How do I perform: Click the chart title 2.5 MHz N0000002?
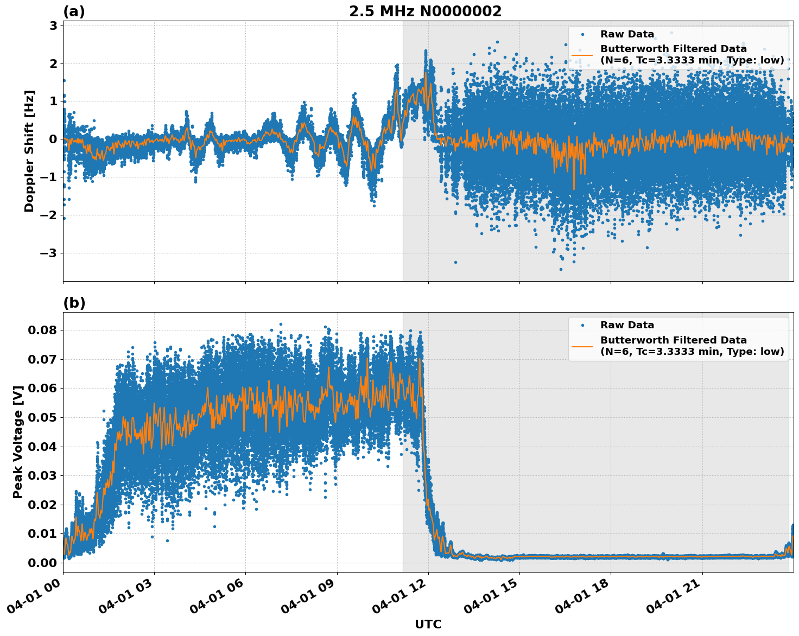tap(425, 11)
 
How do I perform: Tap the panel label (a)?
tap(74, 11)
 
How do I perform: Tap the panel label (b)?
tap(74, 303)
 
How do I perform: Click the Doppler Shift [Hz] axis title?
tap(29, 151)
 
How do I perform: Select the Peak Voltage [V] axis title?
tap(18, 442)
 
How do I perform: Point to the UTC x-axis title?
tap(428, 624)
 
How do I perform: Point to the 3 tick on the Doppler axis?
tap(53, 26)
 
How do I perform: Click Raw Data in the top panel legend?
tap(627, 34)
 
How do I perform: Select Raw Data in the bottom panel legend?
tap(627, 325)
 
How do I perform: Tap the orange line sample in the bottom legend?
tap(582, 346)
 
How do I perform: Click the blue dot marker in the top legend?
tap(582, 34)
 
